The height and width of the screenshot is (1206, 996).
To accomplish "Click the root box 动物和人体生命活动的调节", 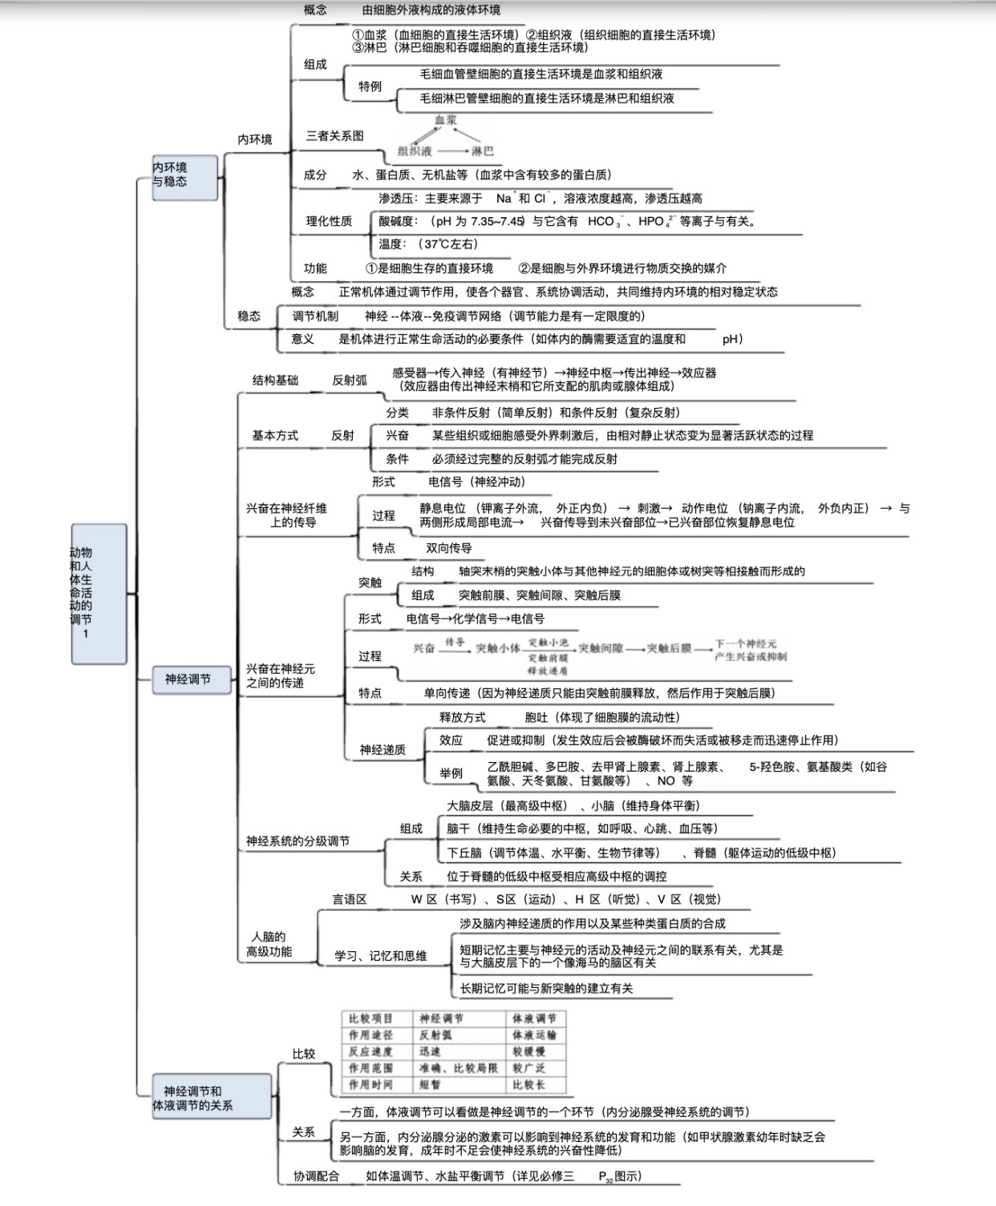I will [x=98, y=593].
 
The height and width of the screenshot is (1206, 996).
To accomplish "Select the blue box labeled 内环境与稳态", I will [x=184, y=176].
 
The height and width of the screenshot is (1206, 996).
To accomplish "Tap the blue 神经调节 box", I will [x=188, y=680].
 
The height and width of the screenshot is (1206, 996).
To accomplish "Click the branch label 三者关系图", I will [x=334, y=136].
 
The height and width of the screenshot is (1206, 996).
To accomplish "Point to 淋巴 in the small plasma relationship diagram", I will [x=482, y=151].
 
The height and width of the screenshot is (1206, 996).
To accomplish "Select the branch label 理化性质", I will [x=329, y=221].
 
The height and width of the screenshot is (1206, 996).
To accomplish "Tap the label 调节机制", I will [x=315, y=317].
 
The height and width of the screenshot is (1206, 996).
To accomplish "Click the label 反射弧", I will [x=350, y=380].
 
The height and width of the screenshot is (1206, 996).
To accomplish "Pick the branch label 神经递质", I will [x=383, y=750].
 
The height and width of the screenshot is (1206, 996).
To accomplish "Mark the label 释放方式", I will [x=462, y=717].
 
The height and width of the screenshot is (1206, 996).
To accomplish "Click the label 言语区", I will [x=350, y=899].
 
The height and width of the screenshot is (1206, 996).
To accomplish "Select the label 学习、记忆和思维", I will [x=380, y=956].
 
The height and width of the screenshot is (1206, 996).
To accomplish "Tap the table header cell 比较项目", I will [x=371, y=1018].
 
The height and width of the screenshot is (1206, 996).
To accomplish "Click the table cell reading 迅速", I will [x=430, y=1051].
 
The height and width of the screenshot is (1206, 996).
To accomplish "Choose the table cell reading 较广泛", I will [x=529, y=1068].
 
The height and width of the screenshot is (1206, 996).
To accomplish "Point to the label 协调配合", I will [x=316, y=1176].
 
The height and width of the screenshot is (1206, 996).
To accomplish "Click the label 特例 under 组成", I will [x=370, y=87].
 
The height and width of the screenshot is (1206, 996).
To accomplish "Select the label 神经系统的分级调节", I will [x=298, y=841].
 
